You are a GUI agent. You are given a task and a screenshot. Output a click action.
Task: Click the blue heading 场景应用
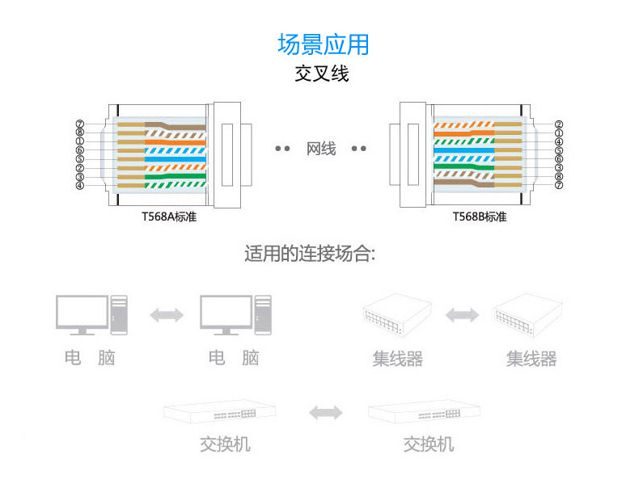pos(323,44)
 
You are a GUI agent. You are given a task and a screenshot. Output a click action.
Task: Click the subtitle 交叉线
pos(322,74)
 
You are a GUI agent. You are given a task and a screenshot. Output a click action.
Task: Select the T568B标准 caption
pos(480,217)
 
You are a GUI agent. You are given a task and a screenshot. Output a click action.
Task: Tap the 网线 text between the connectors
pos(321,149)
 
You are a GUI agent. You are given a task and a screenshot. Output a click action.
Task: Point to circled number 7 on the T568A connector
pos(80,124)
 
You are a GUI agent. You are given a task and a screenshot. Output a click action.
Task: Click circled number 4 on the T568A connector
pos(80,185)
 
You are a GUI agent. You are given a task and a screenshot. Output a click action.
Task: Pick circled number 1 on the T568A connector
pos(80,141)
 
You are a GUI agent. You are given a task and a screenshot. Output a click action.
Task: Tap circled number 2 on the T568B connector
pos(559,124)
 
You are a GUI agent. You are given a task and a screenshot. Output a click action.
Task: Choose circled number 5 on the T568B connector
pos(559,150)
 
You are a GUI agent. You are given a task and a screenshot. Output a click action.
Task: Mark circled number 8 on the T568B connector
pos(559,176)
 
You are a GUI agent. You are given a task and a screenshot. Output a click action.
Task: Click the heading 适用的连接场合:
pos(310,255)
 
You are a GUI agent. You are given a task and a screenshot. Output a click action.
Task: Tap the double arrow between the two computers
pos(167,315)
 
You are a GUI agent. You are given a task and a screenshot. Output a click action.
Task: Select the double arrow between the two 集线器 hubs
pos(462,314)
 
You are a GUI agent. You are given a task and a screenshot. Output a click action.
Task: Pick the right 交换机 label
pos(428,444)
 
